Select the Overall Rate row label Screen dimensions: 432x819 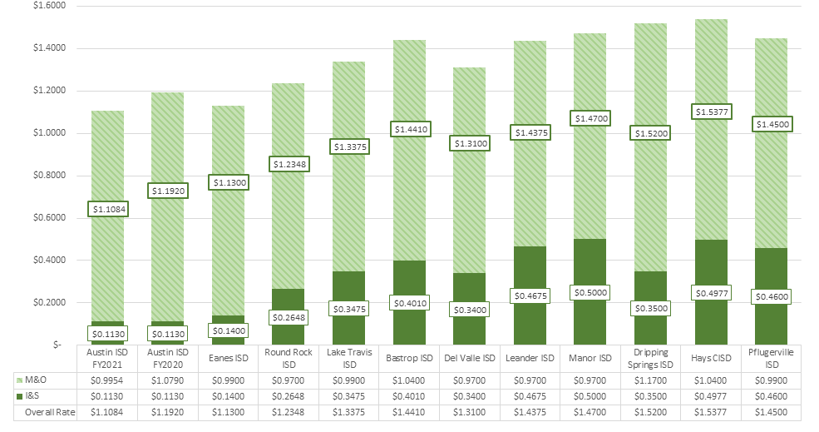[48, 413]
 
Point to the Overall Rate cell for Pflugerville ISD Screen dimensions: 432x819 [770, 413]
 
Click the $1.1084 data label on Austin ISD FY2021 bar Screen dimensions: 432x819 [108, 209]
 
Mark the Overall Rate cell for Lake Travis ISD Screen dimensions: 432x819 [348, 413]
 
